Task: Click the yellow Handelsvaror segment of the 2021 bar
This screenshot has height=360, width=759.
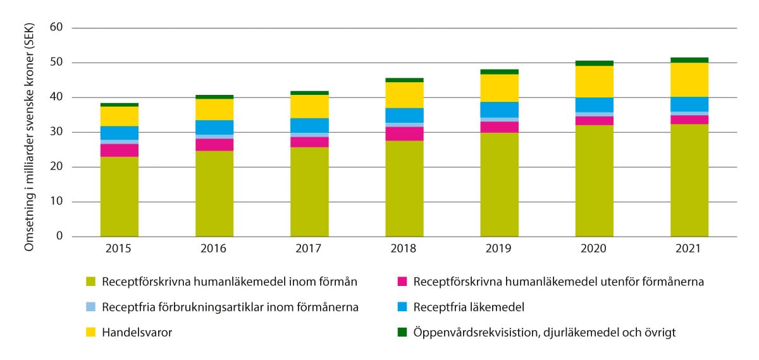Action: pyautogui.click(x=689, y=80)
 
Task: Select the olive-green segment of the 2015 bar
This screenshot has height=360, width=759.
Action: pyautogui.click(x=119, y=196)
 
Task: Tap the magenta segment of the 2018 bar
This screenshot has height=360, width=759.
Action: pyautogui.click(x=404, y=133)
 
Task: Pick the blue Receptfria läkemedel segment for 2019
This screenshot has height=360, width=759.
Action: pyautogui.click(x=499, y=109)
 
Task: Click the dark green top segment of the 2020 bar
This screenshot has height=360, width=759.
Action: pyautogui.click(x=594, y=63)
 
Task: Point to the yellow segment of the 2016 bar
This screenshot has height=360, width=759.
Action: pyautogui.click(x=214, y=109)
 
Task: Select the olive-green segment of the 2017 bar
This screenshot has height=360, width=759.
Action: pyautogui.click(x=309, y=192)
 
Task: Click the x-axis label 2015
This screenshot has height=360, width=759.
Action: pyautogui.click(x=119, y=249)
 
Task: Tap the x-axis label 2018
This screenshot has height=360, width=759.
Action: pyautogui.click(x=404, y=249)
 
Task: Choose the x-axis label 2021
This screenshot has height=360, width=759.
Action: pyautogui.click(x=689, y=249)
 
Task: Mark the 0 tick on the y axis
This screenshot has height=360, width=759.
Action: pyautogui.click(x=60, y=237)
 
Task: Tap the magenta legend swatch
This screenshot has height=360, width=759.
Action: pyautogui.click(x=402, y=282)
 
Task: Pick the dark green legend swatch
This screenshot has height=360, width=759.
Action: pyautogui.click(x=402, y=332)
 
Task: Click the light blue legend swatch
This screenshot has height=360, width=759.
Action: pyautogui.click(x=90, y=307)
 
